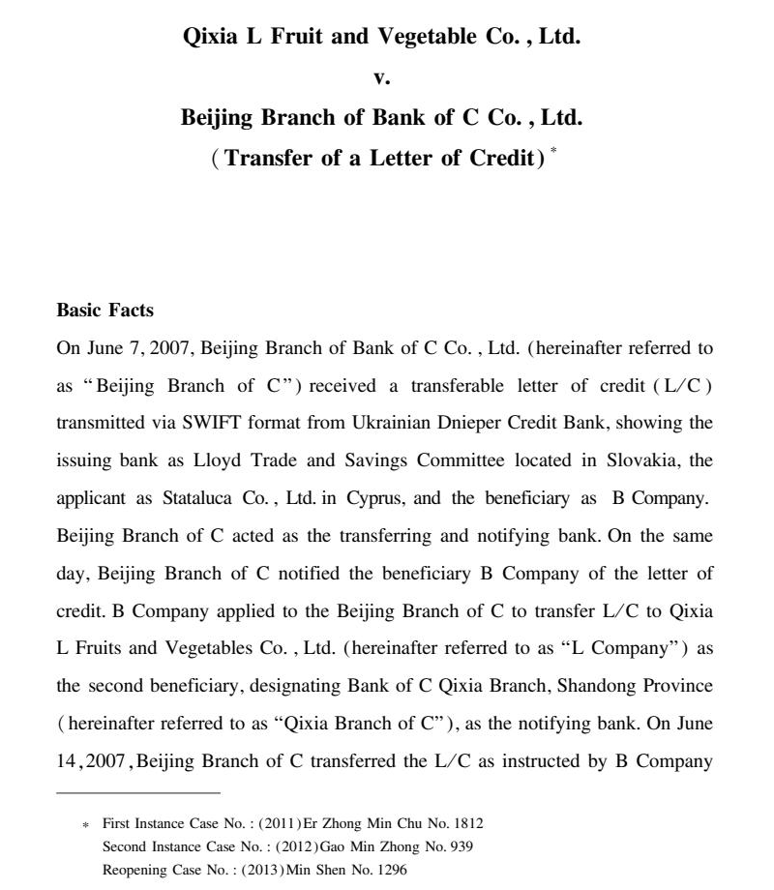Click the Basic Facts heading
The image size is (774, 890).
click(x=105, y=311)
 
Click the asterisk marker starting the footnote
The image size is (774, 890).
click(x=85, y=825)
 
